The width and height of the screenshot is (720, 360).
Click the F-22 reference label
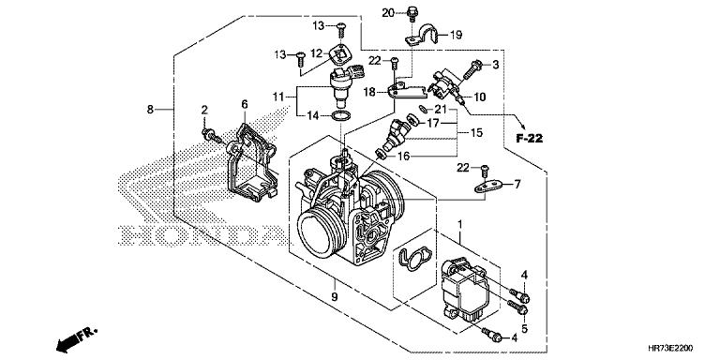529,138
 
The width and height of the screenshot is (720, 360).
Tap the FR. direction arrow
77,338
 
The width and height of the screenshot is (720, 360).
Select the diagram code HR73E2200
671,348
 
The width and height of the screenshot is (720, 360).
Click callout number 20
388,13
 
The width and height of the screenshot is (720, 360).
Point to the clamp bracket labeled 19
423,36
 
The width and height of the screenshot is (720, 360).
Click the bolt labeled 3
472,70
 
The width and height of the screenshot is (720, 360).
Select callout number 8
150,110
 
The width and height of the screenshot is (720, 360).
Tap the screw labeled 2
211,136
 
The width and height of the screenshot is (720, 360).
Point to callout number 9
335,296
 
